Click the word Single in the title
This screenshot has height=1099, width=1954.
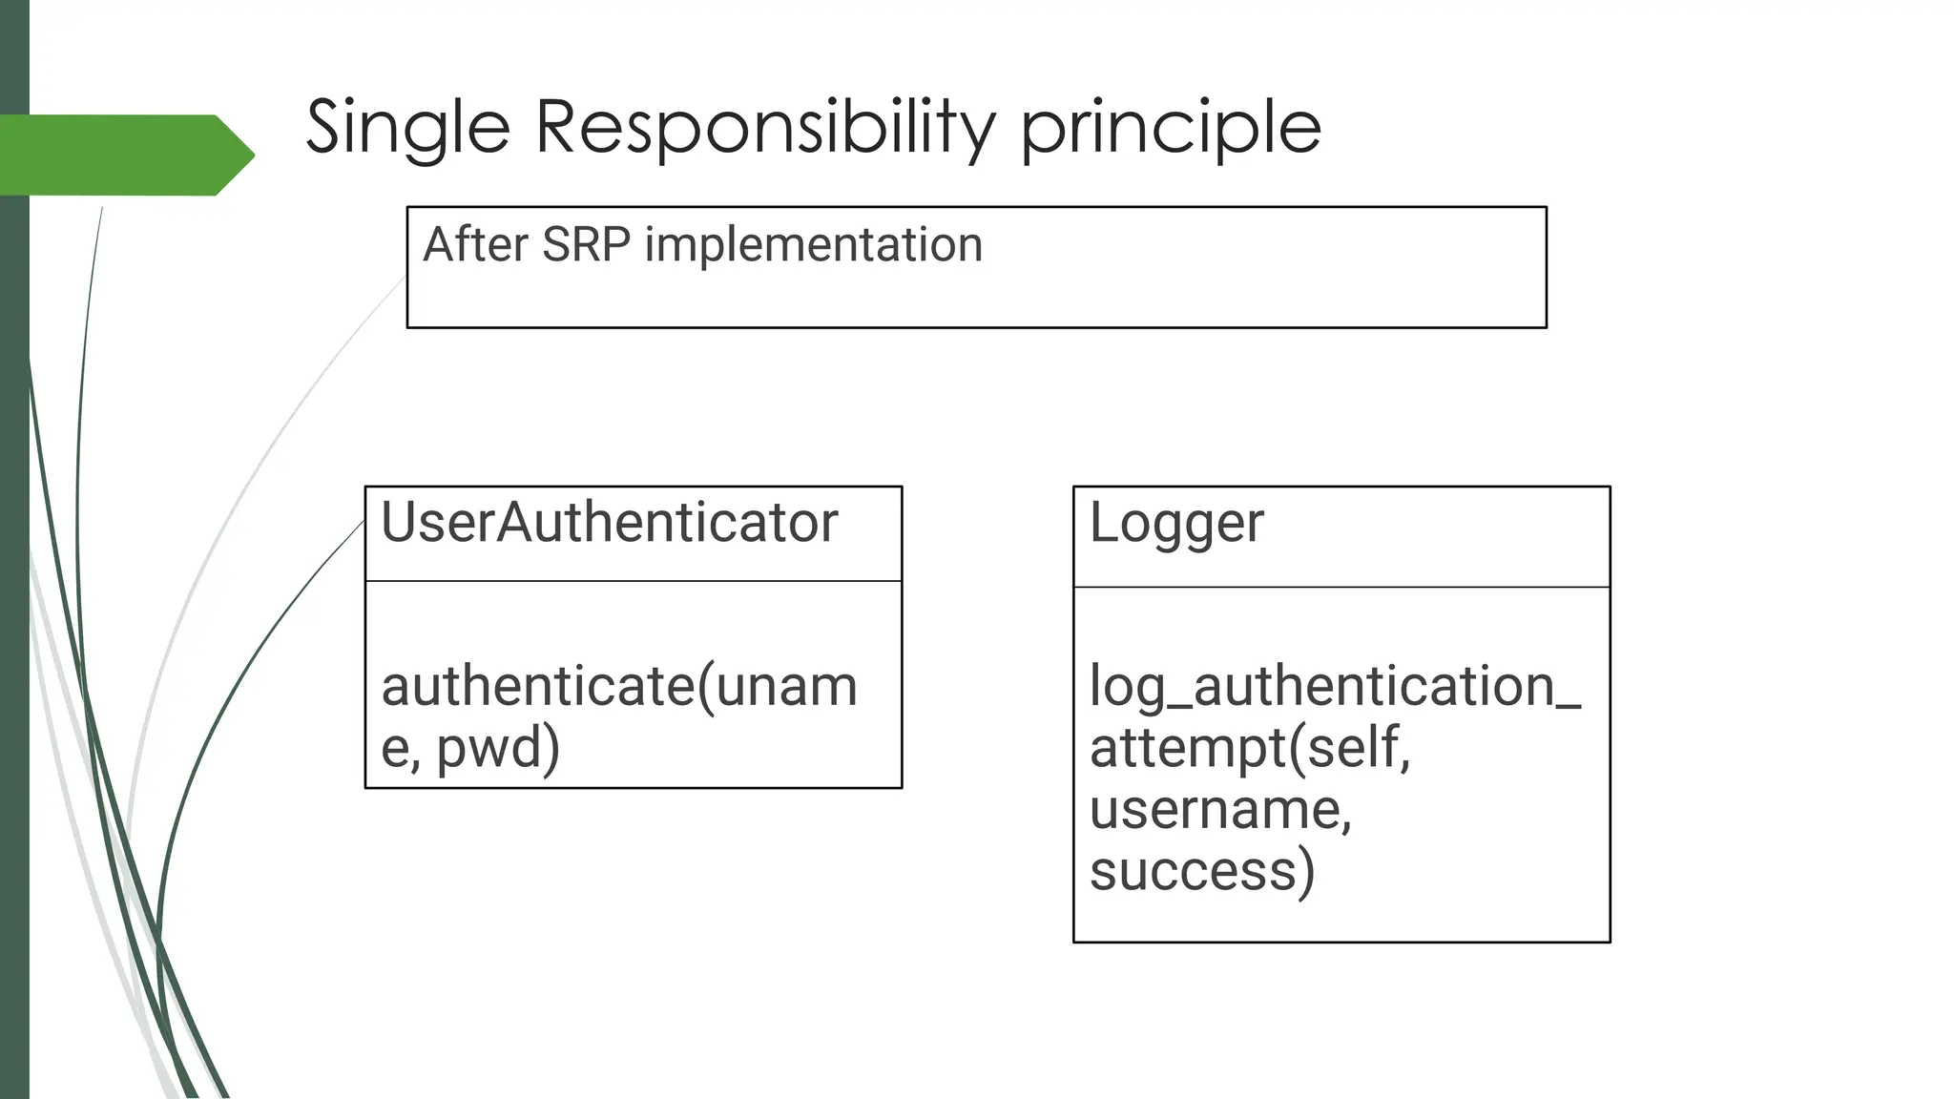[407, 128]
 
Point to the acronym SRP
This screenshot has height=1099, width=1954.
[586, 244]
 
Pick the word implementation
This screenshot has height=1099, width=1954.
[813, 246]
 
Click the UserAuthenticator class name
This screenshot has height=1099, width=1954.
[609, 523]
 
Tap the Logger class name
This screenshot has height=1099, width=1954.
[1175, 525]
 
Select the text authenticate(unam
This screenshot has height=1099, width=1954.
[618, 687]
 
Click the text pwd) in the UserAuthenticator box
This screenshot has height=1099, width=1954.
[498, 748]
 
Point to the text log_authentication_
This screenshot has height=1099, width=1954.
[1334, 687]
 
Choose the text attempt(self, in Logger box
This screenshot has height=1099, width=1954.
[1249, 748]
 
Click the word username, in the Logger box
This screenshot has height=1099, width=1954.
[1220, 810]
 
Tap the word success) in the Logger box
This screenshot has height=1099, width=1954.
[1201, 871]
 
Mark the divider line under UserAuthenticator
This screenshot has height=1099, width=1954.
[634, 581]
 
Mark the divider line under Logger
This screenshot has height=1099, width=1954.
[1341, 587]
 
